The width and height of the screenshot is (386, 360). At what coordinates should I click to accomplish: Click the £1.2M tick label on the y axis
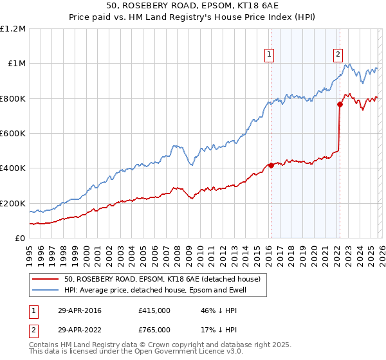pos(14,29)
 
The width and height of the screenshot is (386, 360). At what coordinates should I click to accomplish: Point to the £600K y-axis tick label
pos(14,134)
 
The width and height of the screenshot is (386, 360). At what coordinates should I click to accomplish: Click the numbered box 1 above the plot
pos(268,55)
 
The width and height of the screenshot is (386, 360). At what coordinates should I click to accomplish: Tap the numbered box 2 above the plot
pos(337,55)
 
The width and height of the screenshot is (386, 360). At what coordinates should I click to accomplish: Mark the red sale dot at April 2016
pos(271,165)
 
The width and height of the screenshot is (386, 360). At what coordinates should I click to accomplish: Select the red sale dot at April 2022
pos(339,104)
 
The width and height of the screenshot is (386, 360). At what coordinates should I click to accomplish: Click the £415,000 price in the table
pos(154,310)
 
